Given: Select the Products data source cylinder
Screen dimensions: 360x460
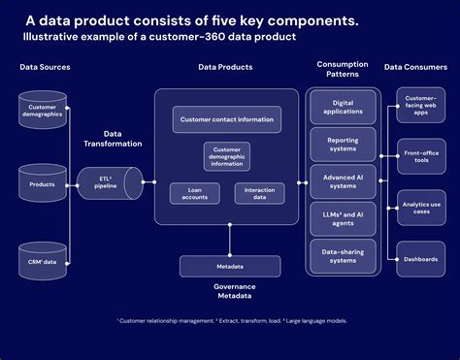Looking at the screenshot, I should point(43,182).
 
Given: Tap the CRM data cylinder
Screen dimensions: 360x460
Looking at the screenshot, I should point(43,260).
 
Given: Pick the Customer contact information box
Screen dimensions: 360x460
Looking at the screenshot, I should point(227,120).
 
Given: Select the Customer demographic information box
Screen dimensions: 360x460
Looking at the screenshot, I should point(227,156).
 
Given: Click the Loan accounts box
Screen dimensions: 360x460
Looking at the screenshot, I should point(194,193).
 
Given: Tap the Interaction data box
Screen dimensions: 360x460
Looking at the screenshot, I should point(259,193).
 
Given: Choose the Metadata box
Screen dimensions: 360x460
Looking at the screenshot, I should point(230,266).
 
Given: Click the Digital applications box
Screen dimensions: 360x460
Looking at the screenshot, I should point(343,107).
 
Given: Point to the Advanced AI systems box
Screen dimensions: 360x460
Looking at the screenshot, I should point(343,181).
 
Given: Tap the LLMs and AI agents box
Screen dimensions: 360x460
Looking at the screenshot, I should point(343,219).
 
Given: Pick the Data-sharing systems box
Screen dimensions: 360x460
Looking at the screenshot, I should point(343,256).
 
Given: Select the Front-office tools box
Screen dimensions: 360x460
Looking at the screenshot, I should point(420,155).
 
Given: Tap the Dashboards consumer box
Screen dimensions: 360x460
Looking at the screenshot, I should point(420,257).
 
